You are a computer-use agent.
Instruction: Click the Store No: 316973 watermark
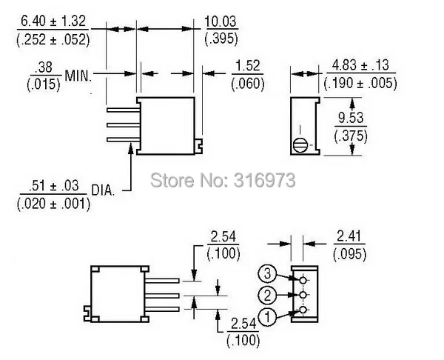223,180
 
